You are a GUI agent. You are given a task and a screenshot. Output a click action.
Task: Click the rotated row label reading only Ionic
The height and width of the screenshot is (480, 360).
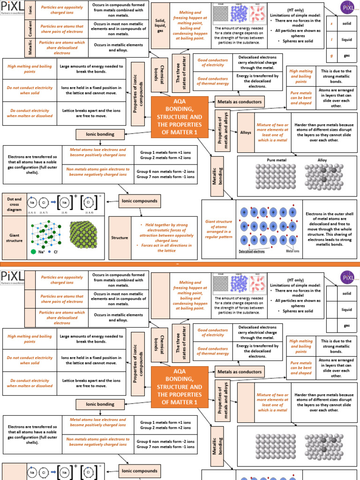click(x=30, y=10)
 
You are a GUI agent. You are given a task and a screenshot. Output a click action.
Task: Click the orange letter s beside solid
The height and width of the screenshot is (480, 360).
click(x=332, y=23)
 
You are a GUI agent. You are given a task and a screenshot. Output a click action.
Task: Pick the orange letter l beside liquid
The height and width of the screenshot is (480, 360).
click(x=332, y=40)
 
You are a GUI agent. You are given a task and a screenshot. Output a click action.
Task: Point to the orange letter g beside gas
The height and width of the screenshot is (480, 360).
click(x=332, y=55)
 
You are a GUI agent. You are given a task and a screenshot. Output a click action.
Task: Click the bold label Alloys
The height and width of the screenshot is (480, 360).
click(x=246, y=133)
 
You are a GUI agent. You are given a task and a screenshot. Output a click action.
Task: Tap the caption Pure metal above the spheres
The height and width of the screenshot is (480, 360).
click(x=277, y=160)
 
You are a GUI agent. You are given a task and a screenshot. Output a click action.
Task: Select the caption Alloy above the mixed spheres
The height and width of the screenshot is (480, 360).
click(x=322, y=160)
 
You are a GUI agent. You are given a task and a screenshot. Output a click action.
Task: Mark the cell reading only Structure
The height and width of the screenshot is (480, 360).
click(x=120, y=238)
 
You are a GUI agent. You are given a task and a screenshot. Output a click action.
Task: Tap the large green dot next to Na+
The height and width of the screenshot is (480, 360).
click(x=33, y=252)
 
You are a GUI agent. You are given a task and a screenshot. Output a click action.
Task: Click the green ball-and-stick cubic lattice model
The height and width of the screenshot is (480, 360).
click(x=46, y=232)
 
